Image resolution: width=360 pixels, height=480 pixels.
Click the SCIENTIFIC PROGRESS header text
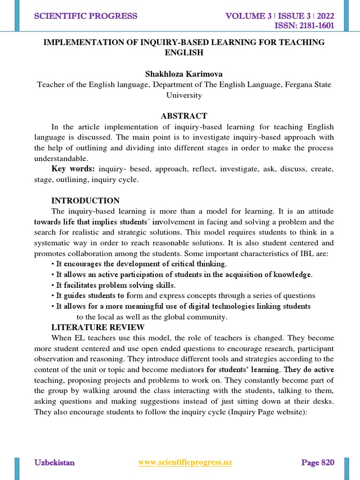click(x=85, y=16)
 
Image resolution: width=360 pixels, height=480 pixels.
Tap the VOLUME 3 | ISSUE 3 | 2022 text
click(x=280, y=16)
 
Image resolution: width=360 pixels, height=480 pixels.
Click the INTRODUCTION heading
click(x=85, y=200)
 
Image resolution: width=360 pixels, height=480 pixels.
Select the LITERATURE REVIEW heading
click(x=98, y=327)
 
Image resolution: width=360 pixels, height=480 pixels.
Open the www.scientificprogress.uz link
click(x=185, y=463)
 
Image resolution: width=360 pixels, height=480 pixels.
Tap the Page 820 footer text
click(x=317, y=463)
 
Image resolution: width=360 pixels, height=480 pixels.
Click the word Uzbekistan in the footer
click(x=54, y=463)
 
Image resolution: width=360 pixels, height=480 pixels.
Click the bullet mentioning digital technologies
click(x=180, y=306)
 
